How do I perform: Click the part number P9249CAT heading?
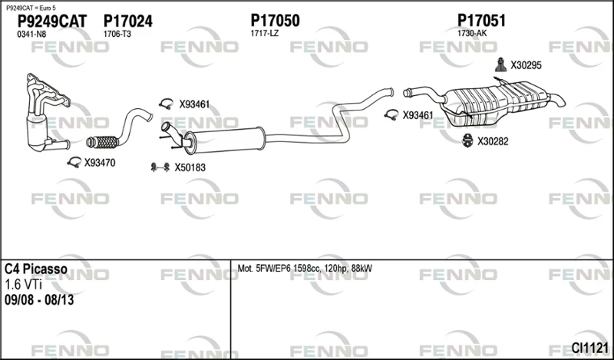tap(52, 21)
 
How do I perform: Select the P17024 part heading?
tap(127, 21)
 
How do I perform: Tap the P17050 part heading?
tap(275, 21)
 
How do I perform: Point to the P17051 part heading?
tap(481, 21)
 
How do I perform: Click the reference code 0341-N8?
tap(31, 35)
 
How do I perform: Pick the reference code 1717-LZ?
tap(264, 34)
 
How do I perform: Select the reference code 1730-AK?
tap(472, 34)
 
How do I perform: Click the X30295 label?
tap(526, 65)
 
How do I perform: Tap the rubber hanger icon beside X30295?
tap(500, 65)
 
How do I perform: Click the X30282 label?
tap(492, 141)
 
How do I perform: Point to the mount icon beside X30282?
tap(467, 141)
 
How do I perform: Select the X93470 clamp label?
tap(100, 163)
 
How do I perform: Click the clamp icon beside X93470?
tap(74, 162)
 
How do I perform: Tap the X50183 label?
tap(190, 167)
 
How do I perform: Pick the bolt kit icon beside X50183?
tap(160, 167)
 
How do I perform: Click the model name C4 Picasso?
tap(35, 269)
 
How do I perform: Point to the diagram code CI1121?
tap(589, 348)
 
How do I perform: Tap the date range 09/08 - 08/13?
tap(39, 300)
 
